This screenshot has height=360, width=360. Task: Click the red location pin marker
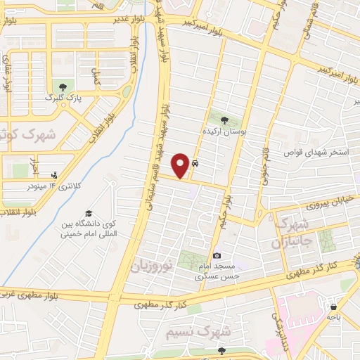click(x=181, y=165)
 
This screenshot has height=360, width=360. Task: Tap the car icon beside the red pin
click(x=195, y=164)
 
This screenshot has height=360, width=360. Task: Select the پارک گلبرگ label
click(x=60, y=98)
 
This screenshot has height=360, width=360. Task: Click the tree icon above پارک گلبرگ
click(x=63, y=86)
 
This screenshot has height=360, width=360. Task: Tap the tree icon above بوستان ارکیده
click(x=225, y=120)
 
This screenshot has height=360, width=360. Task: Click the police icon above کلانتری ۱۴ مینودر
click(x=55, y=175)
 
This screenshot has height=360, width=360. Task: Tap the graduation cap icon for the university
click(x=89, y=214)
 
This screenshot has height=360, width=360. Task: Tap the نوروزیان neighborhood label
click(x=150, y=265)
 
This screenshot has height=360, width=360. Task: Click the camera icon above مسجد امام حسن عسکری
click(x=217, y=255)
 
